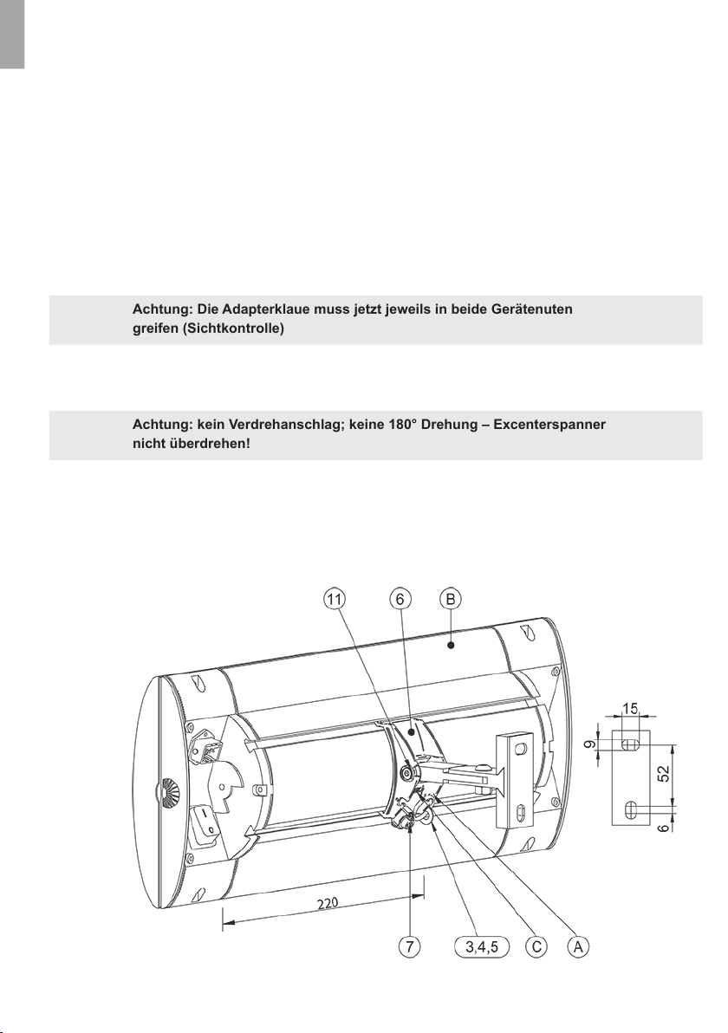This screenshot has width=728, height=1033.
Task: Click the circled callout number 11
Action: (335, 599)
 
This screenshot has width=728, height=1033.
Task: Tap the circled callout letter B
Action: (451, 599)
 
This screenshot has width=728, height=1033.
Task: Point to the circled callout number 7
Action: (410, 946)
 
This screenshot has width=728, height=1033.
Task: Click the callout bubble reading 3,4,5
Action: (482, 947)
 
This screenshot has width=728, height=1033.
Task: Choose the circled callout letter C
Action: (536, 946)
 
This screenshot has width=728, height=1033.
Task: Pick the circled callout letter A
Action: (578, 946)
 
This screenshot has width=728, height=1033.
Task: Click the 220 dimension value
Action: (328, 904)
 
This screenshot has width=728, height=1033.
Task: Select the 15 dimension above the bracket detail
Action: (630, 709)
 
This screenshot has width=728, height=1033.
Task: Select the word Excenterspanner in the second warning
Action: (549, 425)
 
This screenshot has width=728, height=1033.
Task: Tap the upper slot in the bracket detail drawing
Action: (630, 744)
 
